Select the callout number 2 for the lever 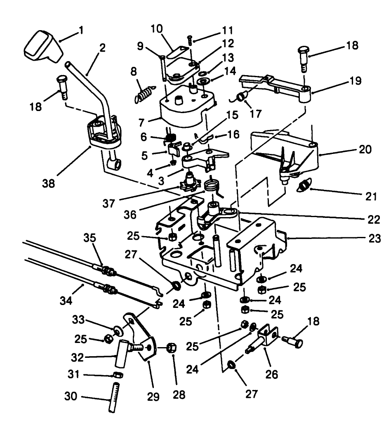click(101, 47)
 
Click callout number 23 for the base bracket click(375, 238)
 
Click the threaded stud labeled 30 click(113, 397)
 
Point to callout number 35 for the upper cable click(90, 238)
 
